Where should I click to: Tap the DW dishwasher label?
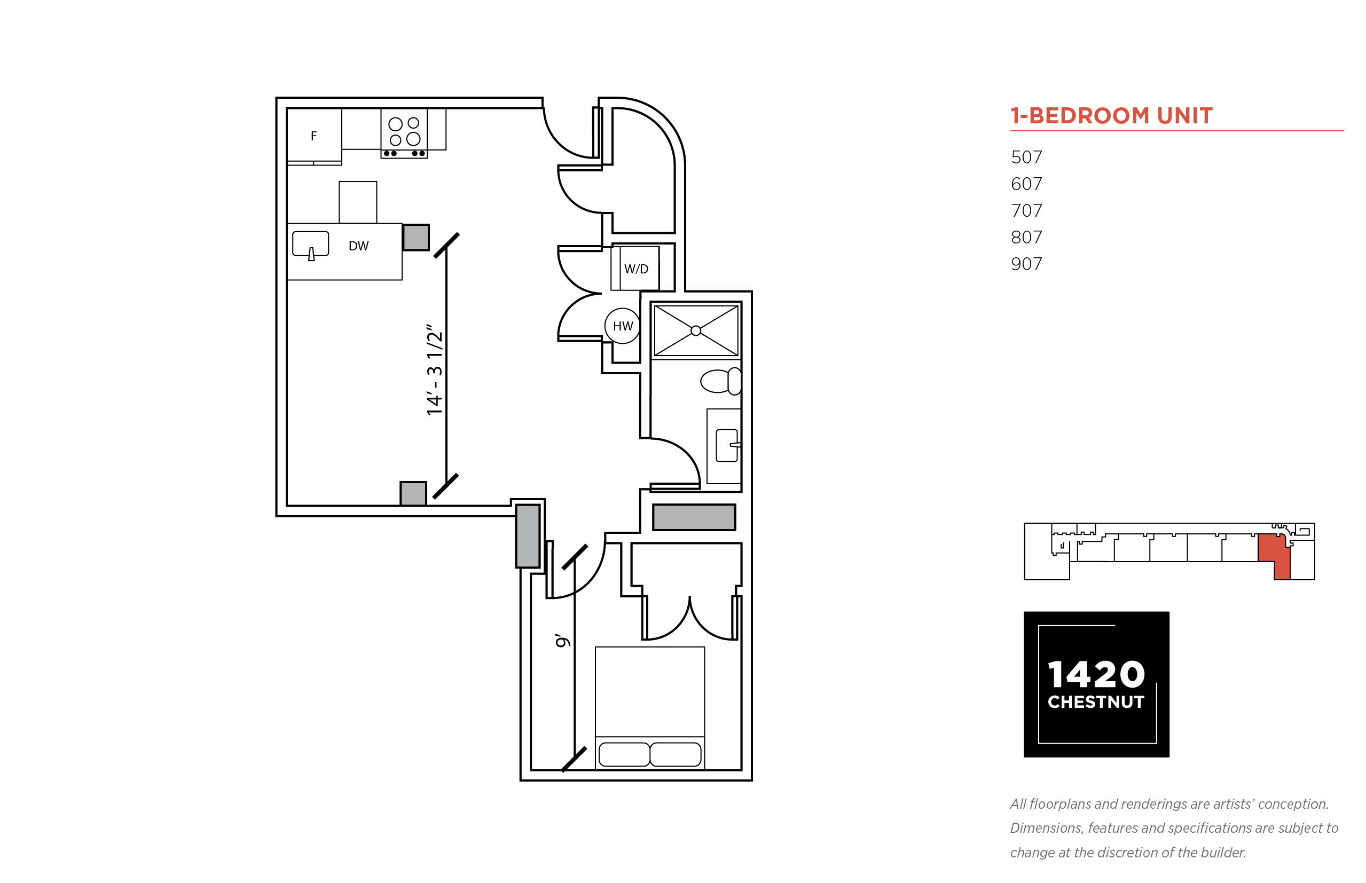point(358,246)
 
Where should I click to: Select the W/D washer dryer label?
point(636,269)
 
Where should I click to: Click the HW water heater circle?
point(622,326)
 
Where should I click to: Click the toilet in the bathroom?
point(721,381)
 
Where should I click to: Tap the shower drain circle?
point(696,330)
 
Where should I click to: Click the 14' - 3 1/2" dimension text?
point(435,370)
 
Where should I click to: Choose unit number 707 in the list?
point(1026,210)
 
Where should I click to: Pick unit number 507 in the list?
point(1026,157)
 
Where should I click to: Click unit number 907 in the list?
point(1026,264)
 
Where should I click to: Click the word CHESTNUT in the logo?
point(1096,702)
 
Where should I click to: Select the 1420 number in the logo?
point(1096,674)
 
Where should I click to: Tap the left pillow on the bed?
point(624,754)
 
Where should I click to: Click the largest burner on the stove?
point(413,139)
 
